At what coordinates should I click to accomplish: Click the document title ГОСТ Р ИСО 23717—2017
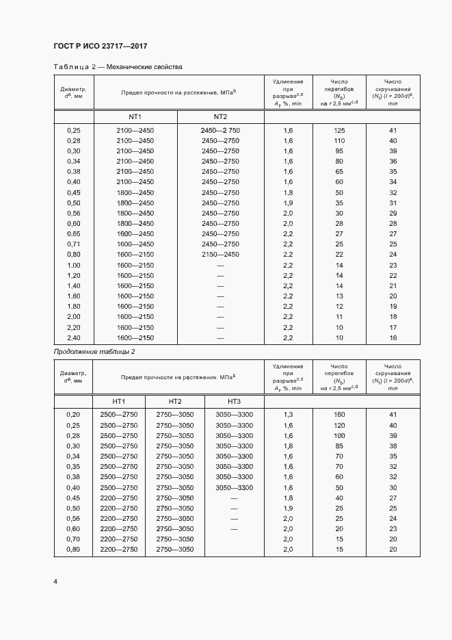point(100,47)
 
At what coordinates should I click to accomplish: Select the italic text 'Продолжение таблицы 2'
point(94,351)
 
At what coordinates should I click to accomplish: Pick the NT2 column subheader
point(220,116)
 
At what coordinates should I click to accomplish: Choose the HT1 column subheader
point(119,401)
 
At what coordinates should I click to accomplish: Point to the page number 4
point(55,581)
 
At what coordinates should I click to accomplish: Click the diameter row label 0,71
point(73,244)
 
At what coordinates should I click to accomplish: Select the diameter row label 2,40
point(73,337)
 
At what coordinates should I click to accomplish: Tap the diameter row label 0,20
point(73,415)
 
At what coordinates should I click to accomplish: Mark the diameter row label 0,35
point(73,467)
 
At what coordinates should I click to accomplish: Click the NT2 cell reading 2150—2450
point(220,255)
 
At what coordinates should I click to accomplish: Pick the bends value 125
point(339,130)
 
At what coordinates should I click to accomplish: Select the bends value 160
point(339,415)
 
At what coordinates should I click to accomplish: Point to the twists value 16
point(393,337)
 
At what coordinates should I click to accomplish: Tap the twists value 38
point(393,446)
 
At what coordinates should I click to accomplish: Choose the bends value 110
point(339,140)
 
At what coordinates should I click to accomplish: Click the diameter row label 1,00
point(73,265)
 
